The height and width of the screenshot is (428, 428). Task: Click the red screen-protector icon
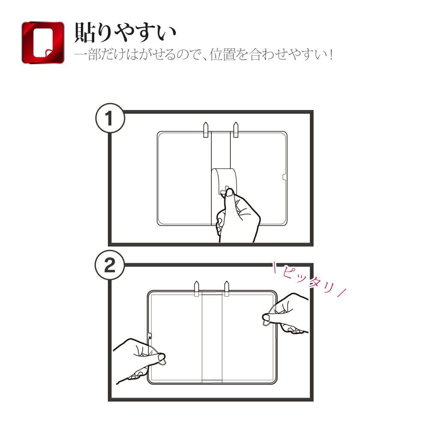[x=43, y=42]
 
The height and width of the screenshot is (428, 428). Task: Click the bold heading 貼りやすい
[x=125, y=33]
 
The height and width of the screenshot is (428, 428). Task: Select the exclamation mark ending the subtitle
[x=331, y=55]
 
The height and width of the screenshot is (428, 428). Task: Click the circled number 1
[x=110, y=118]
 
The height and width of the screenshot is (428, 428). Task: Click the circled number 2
[x=110, y=265]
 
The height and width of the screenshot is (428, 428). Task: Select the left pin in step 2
[x=196, y=288]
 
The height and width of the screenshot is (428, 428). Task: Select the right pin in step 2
[x=226, y=288]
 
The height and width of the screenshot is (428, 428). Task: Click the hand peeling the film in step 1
[x=238, y=216]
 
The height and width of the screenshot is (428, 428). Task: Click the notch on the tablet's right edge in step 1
[x=285, y=178]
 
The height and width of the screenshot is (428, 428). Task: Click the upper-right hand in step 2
[x=287, y=314]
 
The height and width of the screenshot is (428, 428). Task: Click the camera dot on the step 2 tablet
[x=150, y=337]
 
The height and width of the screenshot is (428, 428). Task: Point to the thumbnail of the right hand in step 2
[x=266, y=317]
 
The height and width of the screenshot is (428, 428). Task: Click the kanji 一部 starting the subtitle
[x=87, y=55]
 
